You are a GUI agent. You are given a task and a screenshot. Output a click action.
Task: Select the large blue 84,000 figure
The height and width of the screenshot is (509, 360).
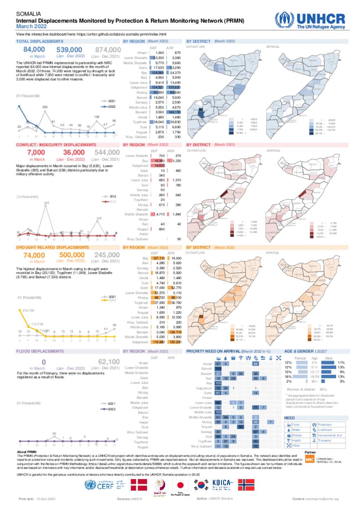coord(34,50)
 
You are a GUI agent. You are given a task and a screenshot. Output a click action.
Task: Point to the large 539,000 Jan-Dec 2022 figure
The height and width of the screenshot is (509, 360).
coord(69,50)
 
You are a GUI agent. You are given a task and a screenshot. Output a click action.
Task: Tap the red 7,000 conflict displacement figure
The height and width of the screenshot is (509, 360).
coord(36,153)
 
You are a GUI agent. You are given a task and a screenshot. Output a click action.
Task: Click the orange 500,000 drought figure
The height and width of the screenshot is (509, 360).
coord(72,255)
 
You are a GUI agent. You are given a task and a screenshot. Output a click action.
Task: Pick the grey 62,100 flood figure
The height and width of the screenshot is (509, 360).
coord(109,362)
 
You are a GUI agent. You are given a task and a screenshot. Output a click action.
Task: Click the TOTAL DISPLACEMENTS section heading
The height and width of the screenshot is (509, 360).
coord(40,41)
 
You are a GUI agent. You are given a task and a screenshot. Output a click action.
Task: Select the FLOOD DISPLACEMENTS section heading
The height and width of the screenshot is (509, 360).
coord(40,351)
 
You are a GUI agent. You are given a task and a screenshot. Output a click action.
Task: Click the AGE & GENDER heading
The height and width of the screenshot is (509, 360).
coord(299,351)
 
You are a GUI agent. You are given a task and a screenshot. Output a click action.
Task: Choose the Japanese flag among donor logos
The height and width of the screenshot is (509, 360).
coord(180,485)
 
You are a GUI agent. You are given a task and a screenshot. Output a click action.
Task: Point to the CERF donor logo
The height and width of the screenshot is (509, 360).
coord(105,486)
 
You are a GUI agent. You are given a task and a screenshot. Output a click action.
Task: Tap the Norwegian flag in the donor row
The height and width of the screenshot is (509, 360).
coord(246,485)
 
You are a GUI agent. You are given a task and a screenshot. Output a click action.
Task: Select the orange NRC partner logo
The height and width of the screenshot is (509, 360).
coord(309,459)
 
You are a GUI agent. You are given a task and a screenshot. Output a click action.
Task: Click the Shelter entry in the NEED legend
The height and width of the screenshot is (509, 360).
coord(296,435)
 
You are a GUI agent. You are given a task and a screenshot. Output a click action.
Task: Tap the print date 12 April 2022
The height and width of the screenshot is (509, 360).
coord(46,499)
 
